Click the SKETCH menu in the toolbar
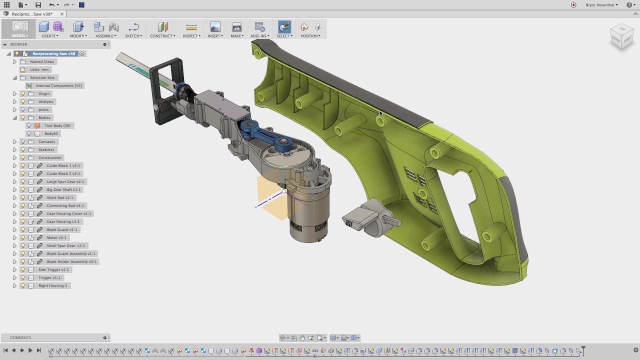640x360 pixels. [x=133, y=36]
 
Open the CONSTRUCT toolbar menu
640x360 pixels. [x=162, y=36]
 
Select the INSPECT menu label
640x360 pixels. [x=191, y=36]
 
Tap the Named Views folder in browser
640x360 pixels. [x=42, y=61]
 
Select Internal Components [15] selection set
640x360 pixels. [x=58, y=85]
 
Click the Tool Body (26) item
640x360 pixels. [x=57, y=125]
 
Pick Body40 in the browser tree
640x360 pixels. [x=51, y=133]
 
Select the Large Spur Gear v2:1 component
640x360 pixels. [x=65, y=181]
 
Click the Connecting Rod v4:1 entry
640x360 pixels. [x=65, y=205]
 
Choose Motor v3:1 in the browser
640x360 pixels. [x=56, y=237]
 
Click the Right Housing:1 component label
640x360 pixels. [x=52, y=285]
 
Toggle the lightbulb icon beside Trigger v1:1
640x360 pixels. [x=22, y=277]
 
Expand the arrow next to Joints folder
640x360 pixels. [x=14, y=109]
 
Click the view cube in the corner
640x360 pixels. [x=621, y=37]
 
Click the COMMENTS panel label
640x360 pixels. [x=20, y=337]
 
